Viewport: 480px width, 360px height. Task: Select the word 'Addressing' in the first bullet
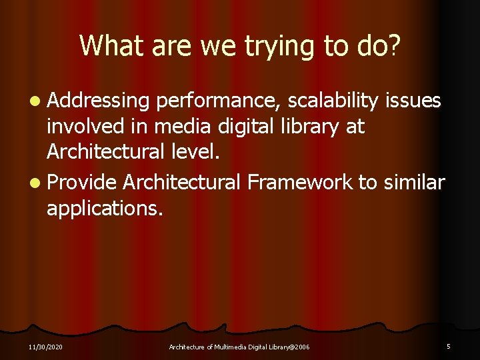[x=98, y=101]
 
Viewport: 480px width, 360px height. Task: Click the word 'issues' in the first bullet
[x=414, y=101]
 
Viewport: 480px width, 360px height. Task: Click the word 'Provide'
[x=82, y=182]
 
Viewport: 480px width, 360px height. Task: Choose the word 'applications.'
[x=105, y=209]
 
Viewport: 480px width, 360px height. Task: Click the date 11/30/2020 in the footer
[x=46, y=347]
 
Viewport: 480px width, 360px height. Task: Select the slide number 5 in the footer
[x=449, y=346]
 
